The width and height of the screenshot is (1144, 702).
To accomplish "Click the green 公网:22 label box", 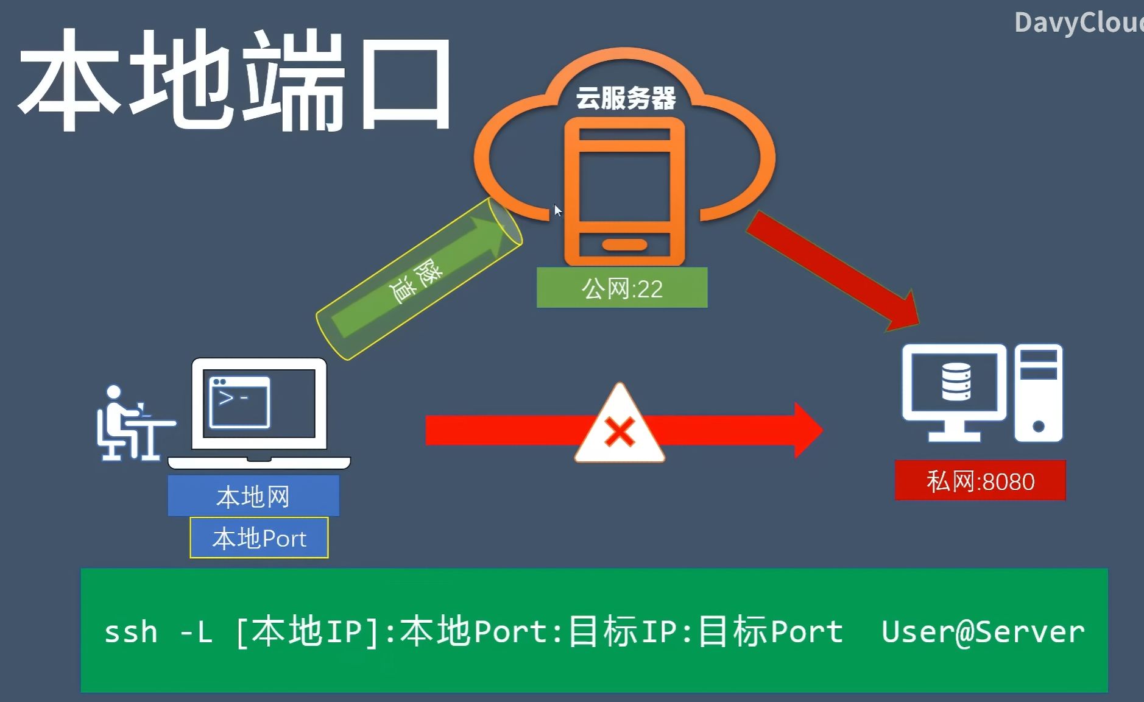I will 621,288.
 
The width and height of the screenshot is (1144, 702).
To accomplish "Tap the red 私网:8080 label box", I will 980,481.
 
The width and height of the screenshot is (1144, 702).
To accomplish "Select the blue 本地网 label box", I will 253,496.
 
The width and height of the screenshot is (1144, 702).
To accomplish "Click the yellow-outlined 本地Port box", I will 259,538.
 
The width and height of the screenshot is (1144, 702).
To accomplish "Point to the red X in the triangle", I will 620,432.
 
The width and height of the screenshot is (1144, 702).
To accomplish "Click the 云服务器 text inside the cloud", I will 626,98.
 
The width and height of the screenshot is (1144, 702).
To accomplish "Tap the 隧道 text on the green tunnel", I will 415,282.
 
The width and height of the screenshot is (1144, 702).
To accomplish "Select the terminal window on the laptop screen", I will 239,402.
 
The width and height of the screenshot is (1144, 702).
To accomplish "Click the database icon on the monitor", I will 956,382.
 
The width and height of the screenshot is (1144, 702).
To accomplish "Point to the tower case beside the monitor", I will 1038,392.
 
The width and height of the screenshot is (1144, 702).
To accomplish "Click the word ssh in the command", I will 130,632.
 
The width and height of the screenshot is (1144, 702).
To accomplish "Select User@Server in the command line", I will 983,632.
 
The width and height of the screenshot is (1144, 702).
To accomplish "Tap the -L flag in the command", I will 196,632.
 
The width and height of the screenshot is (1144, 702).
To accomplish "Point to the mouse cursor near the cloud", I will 557,211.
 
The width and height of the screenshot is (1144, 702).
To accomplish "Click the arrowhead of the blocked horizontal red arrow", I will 807,430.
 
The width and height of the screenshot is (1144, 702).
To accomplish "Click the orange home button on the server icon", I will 624,245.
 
